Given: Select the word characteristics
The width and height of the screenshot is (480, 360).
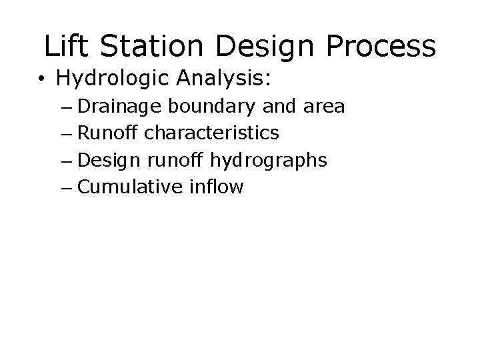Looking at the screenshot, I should (212, 133).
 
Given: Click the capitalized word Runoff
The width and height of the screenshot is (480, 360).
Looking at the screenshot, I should (109, 133).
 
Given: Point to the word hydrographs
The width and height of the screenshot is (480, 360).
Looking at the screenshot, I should (269, 160).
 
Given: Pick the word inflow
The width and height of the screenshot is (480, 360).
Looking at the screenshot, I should (217, 187).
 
